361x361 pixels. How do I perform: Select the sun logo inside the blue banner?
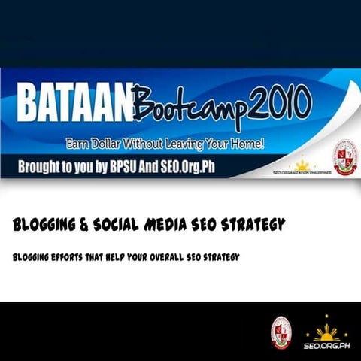[302, 164]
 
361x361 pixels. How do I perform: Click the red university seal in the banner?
[345, 157]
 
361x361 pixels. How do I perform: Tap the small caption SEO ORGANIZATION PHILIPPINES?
[302, 173]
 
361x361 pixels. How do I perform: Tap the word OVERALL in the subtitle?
[177, 257]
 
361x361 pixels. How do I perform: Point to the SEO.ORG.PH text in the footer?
[326, 346]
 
